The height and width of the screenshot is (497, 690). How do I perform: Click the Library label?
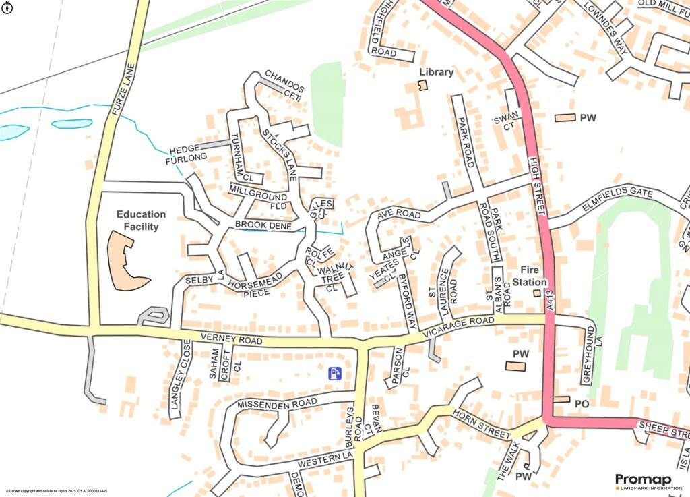pos(436,72)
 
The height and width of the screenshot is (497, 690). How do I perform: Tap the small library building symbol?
pos(423,84)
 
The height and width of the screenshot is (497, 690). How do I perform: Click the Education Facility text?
pos(137,221)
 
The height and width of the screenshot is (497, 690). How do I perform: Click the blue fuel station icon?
pos(335,373)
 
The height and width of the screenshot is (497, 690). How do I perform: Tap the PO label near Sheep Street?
pos(582,403)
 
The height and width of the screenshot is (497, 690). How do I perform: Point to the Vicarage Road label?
pos(454,328)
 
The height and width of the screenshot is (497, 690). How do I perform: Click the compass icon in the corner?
pos(7,8)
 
